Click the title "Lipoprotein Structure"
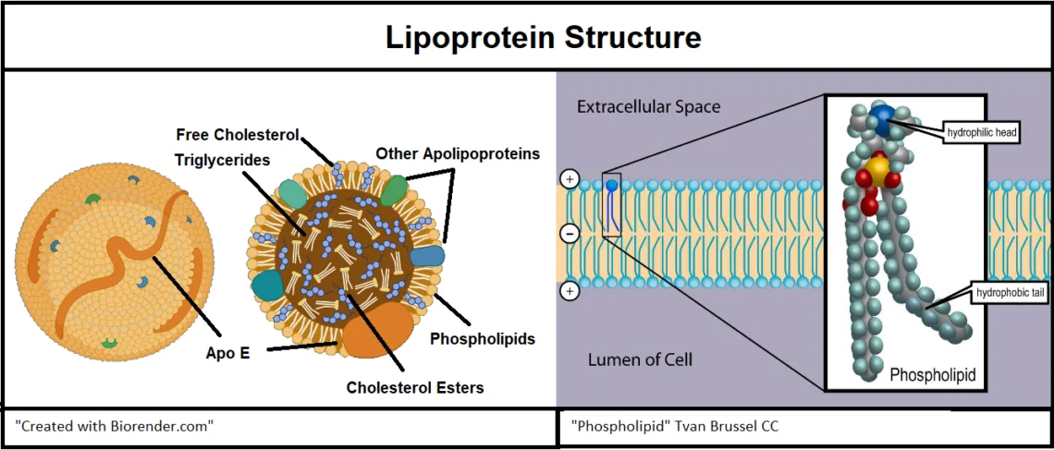tap(543, 38)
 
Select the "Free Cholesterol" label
tap(237, 135)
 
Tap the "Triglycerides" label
tap(222, 160)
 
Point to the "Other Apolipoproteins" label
tap(458, 152)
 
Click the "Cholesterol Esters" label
tap(414, 387)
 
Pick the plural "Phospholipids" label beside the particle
tap(482, 339)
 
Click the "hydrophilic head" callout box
tap(981, 132)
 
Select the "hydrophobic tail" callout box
tap(1010, 295)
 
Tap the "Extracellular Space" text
tap(648, 106)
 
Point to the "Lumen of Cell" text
tap(640, 359)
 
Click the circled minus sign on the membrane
tap(570, 235)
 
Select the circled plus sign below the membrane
tap(570, 291)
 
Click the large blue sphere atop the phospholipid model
tap(882, 117)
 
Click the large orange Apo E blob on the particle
tap(377, 330)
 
